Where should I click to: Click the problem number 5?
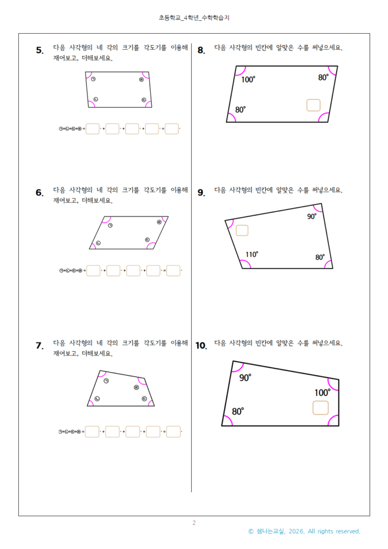click(x=40, y=51)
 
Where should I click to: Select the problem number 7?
click(x=40, y=346)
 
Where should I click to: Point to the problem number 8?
click(x=201, y=51)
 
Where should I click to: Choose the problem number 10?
click(x=201, y=346)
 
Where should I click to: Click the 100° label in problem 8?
click(x=248, y=80)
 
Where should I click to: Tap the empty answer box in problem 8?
click(x=313, y=105)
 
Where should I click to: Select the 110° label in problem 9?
click(x=252, y=254)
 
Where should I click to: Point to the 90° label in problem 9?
click(x=312, y=217)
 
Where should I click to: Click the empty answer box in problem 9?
click(x=242, y=231)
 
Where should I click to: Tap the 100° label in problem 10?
click(x=322, y=392)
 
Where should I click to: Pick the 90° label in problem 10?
click(x=245, y=378)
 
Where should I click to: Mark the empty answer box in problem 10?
click(x=320, y=408)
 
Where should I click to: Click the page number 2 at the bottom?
click(x=194, y=523)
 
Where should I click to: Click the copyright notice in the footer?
click(x=304, y=531)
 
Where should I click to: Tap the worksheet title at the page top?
click(x=194, y=18)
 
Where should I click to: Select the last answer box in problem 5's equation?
click(x=171, y=129)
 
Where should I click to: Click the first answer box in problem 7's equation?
click(x=92, y=432)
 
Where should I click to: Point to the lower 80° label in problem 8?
click(x=241, y=110)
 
